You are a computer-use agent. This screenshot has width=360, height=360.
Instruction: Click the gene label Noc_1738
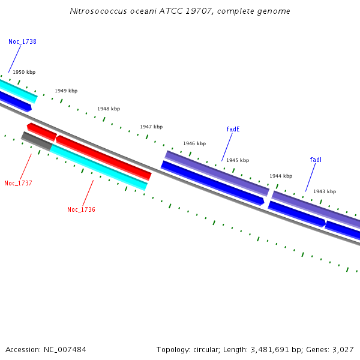[22, 42]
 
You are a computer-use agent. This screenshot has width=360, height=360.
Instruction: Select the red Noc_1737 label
[18, 183]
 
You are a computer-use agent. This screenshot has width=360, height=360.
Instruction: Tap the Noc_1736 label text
[81, 209]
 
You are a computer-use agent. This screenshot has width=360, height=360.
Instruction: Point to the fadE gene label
[233, 129]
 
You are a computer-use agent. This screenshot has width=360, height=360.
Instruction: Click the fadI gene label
[316, 160]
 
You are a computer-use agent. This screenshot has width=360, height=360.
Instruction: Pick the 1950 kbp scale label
[24, 72]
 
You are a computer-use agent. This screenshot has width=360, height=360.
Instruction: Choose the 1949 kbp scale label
[66, 91]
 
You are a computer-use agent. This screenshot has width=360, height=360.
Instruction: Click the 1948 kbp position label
[109, 109]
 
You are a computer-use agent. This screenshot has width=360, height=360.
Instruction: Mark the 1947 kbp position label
[151, 127]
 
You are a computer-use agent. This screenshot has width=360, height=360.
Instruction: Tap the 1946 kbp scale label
[194, 143]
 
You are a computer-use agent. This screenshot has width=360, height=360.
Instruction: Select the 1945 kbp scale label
[238, 160]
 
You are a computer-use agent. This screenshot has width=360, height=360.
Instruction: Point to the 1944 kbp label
[281, 176]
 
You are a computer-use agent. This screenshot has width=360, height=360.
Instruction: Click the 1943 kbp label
[325, 191]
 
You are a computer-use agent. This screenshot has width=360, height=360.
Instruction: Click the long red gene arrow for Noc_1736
[103, 157]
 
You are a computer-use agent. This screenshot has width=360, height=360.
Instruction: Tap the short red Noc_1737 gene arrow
[42, 131]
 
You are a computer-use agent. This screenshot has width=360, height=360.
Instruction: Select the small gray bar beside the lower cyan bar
[37, 141]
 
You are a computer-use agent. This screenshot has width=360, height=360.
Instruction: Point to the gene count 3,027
[342, 349]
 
